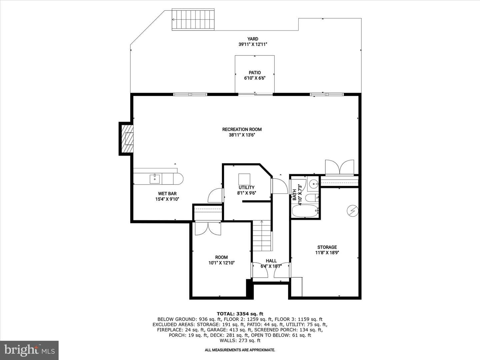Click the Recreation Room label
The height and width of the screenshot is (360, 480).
click(x=242, y=129)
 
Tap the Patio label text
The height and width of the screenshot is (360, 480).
click(x=255, y=73)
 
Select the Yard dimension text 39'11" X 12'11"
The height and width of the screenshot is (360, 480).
click(x=253, y=44)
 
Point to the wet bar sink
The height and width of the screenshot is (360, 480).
click(x=155, y=179)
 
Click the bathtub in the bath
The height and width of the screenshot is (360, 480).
click(x=305, y=211)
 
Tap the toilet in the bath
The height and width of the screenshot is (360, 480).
click(x=312, y=198)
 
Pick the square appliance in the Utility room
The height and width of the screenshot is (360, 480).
click(x=244, y=179)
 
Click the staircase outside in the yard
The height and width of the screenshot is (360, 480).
click(x=193, y=19)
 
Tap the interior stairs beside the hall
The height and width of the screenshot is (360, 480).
click(x=262, y=236)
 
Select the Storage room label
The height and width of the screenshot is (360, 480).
click(x=327, y=247)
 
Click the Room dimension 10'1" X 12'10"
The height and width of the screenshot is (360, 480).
click(x=222, y=263)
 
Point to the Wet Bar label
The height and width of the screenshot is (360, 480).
click(x=167, y=194)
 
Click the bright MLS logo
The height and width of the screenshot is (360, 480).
click(x=29, y=350)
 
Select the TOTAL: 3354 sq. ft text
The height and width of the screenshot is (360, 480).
click(x=240, y=314)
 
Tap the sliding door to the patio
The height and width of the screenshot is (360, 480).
click(x=255, y=94)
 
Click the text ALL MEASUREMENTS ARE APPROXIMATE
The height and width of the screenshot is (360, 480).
click(x=240, y=350)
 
